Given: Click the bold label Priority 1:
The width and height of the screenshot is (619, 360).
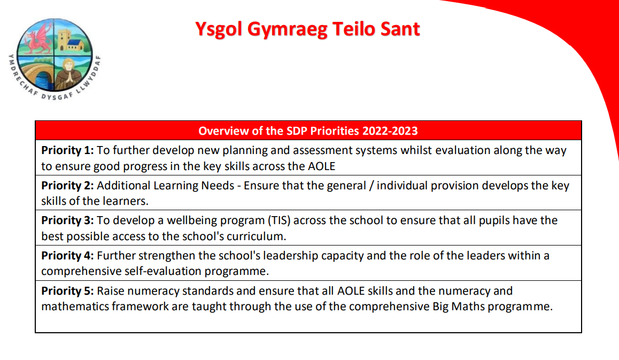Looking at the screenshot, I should (67, 150).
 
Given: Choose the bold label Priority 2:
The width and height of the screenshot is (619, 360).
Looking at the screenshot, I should (67, 186).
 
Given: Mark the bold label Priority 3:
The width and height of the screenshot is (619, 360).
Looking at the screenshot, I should (67, 220).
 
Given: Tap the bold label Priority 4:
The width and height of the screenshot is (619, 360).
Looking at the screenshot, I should (67, 256).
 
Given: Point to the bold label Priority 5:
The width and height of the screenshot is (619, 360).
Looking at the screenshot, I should (67, 291).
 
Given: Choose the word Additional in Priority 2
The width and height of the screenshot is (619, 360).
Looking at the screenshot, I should (121, 186).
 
